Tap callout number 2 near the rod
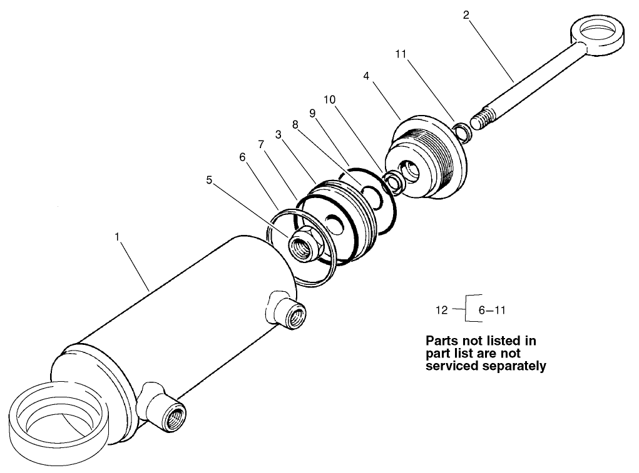[x=466, y=14]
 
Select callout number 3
[x=278, y=134]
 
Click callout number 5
[x=210, y=180]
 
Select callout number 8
[x=295, y=125]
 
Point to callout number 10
[x=330, y=100]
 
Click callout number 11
[x=401, y=54]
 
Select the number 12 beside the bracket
[x=442, y=309]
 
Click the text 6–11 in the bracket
[x=492, y=309]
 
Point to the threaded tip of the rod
[x=486, y=119]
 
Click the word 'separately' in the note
[x=506, y=366]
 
